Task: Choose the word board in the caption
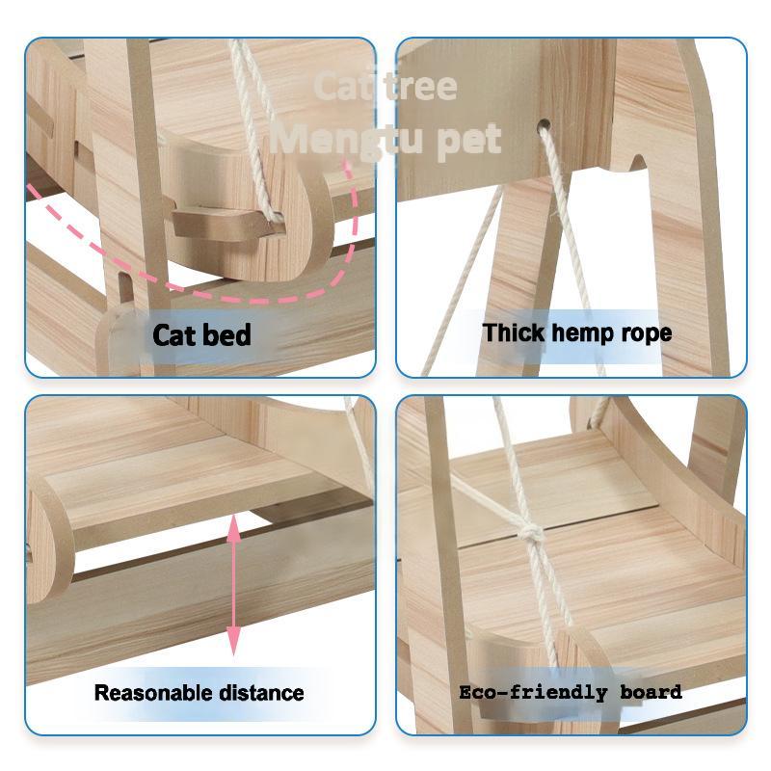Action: [x=651, y=692]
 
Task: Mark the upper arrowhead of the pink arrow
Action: [x=233, y=526]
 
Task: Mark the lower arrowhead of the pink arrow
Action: [x=233, y=640]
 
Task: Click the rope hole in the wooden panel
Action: [x=543, y=126]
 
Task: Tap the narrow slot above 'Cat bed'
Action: [x=124, y=286]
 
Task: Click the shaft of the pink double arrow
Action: [x=233, y=583]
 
